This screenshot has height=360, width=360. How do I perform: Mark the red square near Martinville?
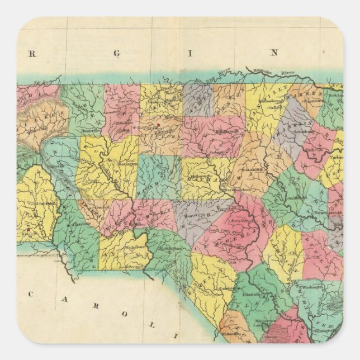point(159,125)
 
